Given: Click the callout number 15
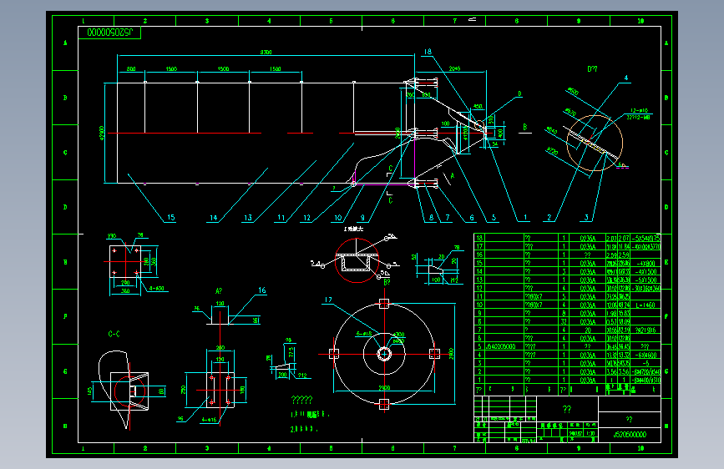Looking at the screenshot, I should pos(170,219).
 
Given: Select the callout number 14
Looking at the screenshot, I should pos(213,219).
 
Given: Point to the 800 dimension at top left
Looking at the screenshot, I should pos(131,69).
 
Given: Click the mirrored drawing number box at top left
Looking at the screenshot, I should pos(114,33).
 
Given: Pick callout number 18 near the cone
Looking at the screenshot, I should pos(427,52).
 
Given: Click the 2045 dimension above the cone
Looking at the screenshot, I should pos(455,69).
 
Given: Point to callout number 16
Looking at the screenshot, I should pos(261,290).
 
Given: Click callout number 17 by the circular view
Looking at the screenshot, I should pos(329,300).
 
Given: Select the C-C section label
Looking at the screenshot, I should pos(114,334).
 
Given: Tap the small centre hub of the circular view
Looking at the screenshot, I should pos(384,353).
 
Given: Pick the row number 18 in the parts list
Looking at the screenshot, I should pos(479,238).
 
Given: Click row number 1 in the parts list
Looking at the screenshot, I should pos(479,381).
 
